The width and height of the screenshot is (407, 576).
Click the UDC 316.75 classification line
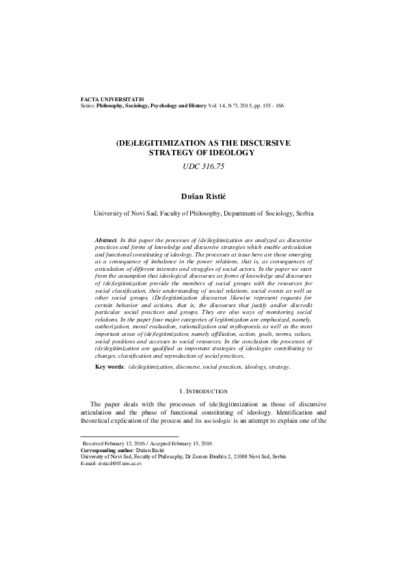click(202, 166)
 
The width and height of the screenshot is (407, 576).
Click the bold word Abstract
click(106, 241)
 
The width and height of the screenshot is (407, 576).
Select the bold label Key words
click(110, 367)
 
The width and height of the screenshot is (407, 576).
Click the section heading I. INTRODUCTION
click(203, 391)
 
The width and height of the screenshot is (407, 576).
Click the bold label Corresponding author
click(112, 450)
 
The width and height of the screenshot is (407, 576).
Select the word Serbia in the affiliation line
click(304, 213)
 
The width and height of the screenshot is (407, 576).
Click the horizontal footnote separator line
click(129, 436)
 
